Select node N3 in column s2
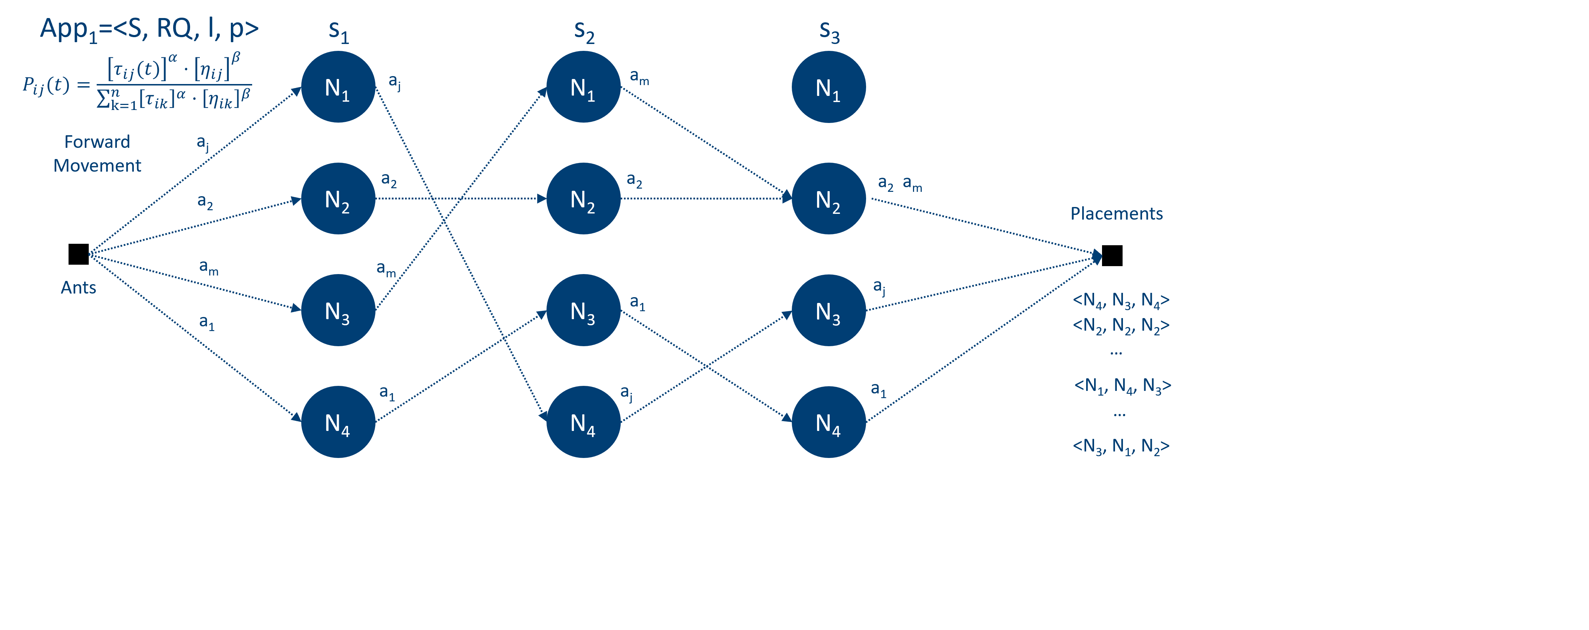point(583,310)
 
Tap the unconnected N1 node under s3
point(829,87)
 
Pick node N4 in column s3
point(829,422)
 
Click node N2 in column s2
point(583,198)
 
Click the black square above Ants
point(78,254)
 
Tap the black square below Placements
point(1112,255)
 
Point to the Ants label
point(78,287)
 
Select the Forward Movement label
point(97,154)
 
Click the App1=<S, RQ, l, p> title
point(149,29)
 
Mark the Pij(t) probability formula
point(137,83)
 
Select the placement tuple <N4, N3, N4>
point(1121,300)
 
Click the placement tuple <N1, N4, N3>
point(1122,386)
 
